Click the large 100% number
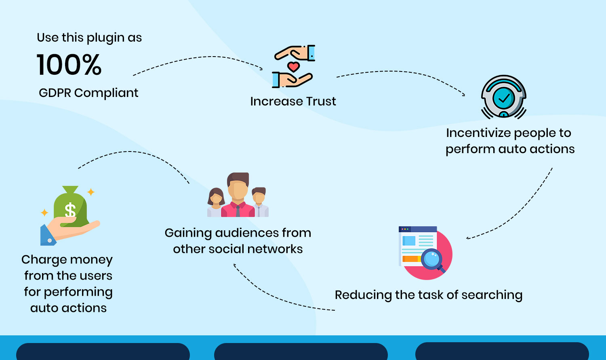69,65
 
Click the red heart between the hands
293,66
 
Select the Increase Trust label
293,101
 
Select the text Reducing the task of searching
428,295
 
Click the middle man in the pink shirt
238,196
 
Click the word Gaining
188,233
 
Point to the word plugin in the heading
105,38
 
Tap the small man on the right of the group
259,202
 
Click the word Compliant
106,93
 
